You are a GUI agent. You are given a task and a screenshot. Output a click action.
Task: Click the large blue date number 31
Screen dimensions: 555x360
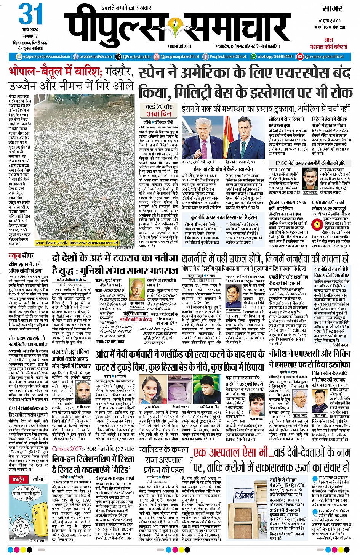(x=31, y=14)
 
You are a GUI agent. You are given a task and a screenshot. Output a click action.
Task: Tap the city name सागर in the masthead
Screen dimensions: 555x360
(x=332, y=9)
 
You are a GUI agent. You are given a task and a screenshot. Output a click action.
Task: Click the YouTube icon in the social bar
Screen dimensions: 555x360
(x=300, y=56)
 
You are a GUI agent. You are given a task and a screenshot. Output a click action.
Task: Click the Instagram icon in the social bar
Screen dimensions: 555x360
(x=156, y=56)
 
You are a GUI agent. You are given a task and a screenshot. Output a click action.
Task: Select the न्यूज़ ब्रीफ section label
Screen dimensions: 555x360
(x=21, y=255)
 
